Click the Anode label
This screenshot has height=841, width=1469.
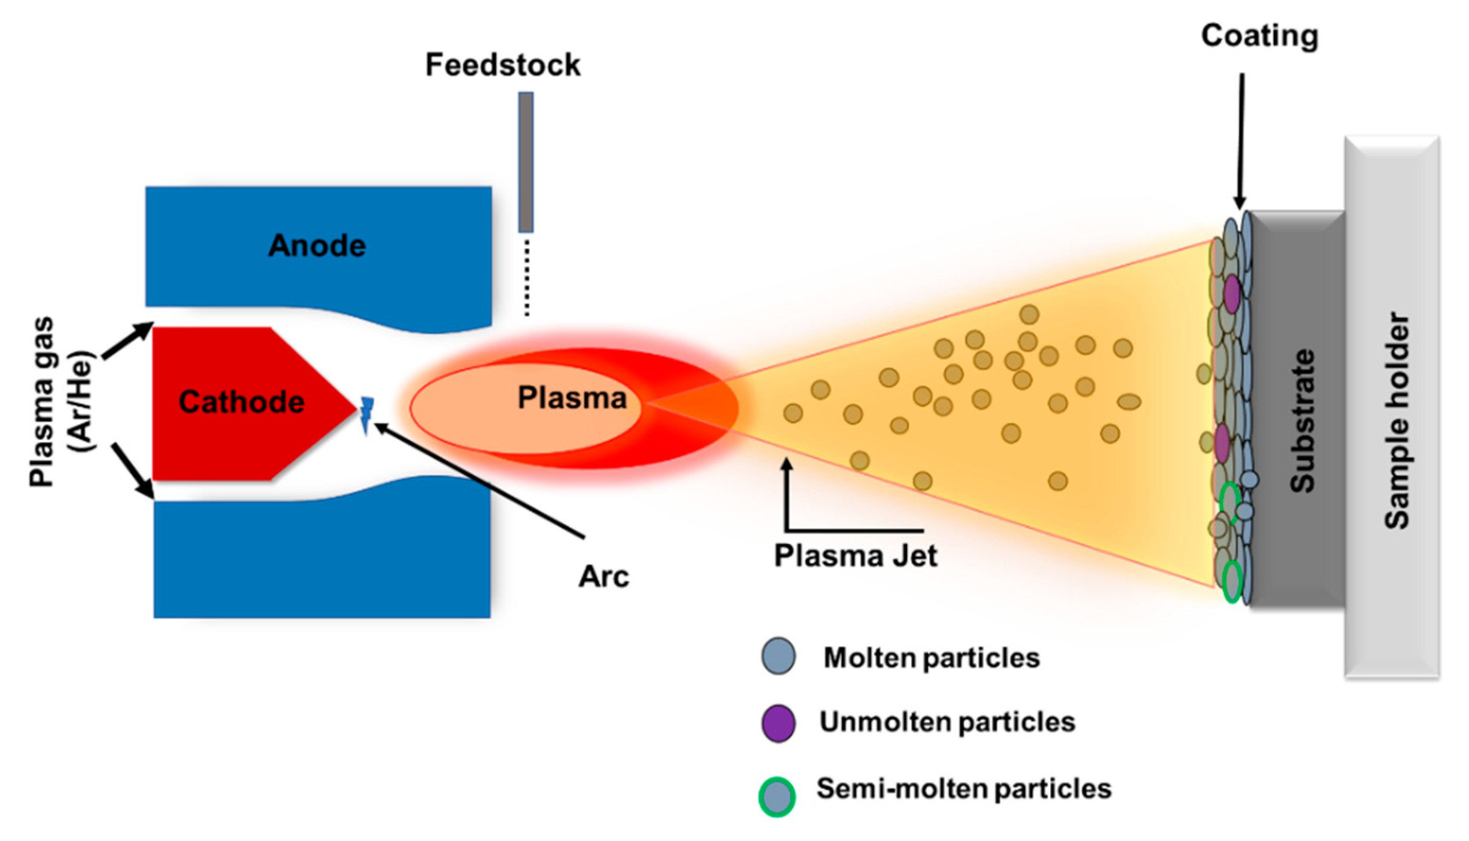[317, 246]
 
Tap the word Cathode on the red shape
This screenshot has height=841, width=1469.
[241, 402]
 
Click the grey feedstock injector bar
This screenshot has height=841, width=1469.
[525, 162]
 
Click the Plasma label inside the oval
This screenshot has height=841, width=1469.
[571, 398]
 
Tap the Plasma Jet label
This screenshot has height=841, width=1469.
[855, 556]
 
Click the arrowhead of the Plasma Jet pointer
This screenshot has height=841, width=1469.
[786, 463]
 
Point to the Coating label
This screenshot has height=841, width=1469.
[1259, 36]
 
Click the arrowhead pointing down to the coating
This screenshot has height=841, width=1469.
[1239, 203]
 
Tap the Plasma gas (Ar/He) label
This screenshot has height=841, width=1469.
[61, 402]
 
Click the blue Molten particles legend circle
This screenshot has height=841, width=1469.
[778, 656]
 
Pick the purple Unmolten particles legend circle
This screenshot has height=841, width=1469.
[778, 723]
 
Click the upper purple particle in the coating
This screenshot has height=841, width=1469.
[1231, 295]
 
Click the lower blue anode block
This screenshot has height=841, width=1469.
[322, 555]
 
